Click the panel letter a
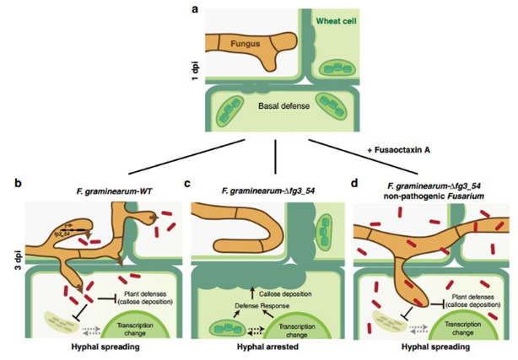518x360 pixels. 197,9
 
